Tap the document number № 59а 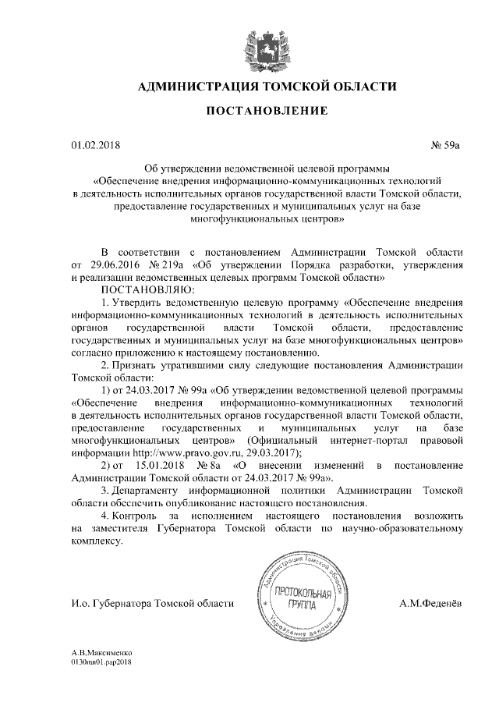[x=448, y=145]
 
